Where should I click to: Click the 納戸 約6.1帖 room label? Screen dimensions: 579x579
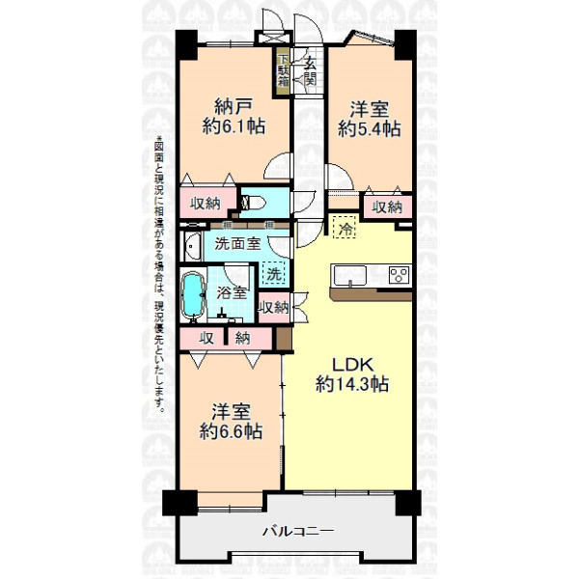click(x=234, y=117)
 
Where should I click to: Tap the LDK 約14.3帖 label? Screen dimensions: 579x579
click(x=352, y=374)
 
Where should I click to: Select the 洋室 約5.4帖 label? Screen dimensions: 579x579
click(x=370, y=119)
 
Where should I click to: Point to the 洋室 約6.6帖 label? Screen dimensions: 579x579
click(x=232, y=422)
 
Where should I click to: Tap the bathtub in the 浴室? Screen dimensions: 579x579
click(x=193, y=295)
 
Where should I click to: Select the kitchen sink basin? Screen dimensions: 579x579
click(x=349, y=275)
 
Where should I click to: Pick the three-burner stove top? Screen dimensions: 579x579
click(x=400, y=275)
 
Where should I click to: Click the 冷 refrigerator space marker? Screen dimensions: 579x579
click(x=345, y=227)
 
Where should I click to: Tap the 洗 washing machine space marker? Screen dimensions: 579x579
click(x=274, y=273)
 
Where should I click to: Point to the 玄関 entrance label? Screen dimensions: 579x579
click(x=310, y=71)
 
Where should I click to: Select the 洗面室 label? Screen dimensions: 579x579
click(x=237, y=243)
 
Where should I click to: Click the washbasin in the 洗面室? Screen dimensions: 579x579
click(x=193, y=246)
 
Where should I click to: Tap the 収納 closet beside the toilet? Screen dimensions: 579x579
click(x=206, y=203)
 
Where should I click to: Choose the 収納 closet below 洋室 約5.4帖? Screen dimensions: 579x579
click(x=387, y=207)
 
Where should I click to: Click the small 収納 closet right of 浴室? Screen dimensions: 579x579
click(x=274, y=307)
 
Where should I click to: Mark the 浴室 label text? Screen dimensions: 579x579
click(x=232, y=293)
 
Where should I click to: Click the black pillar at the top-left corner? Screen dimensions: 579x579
click(x=186, y=44)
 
